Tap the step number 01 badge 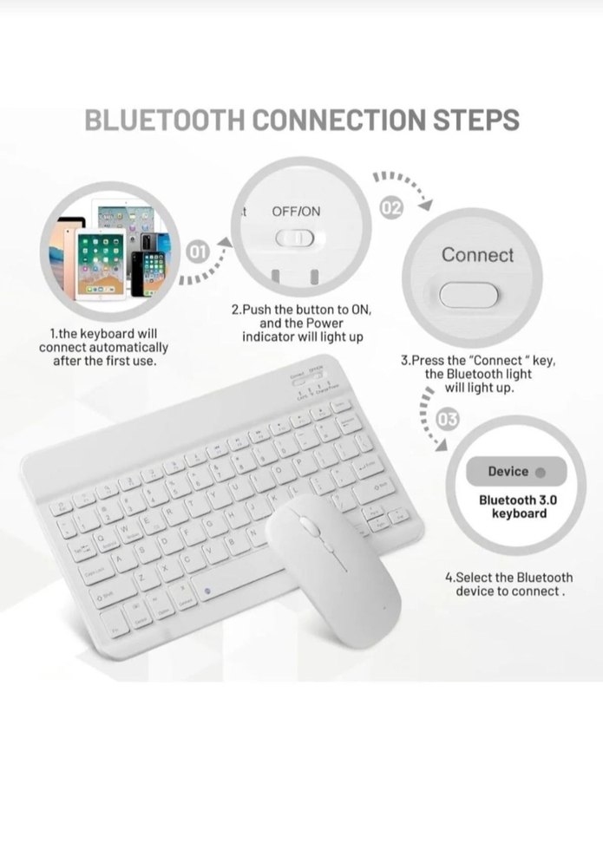pos(199,252)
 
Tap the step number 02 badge pos(391,209)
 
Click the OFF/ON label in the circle pos(296,212)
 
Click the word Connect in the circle pos(477,255)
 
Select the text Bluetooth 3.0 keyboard pos(514,507)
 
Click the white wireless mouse pos(334,569)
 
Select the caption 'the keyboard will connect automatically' pos(104,347)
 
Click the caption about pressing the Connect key pos(478,374)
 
